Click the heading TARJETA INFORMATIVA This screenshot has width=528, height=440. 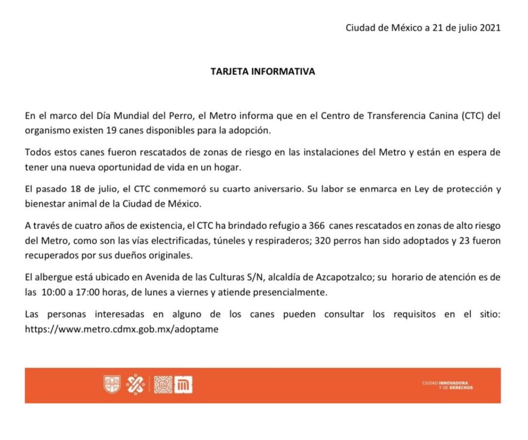click(263, 72)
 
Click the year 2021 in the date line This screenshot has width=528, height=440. click(490, 28)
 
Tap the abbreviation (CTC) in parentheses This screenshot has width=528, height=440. click(468, 116)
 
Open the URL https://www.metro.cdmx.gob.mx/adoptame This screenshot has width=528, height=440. click(122, 329)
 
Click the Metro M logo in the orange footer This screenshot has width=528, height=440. click(183, 385)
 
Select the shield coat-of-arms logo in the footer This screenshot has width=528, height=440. click(112, 385)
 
